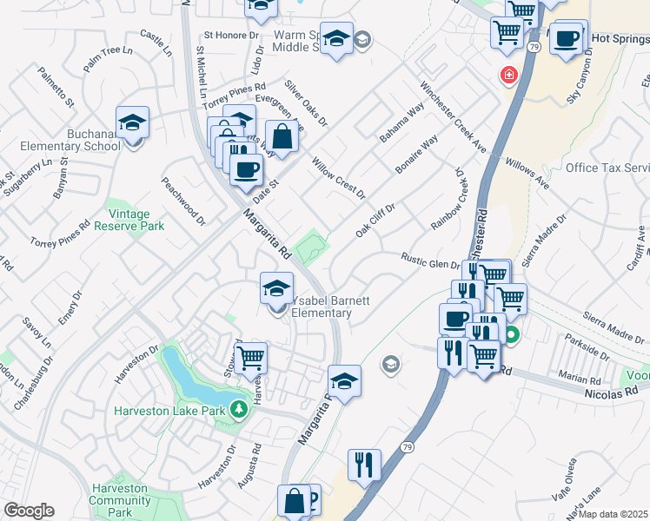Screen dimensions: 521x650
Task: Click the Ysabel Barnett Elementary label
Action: point(330,307)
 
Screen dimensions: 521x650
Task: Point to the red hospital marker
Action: point(507,76)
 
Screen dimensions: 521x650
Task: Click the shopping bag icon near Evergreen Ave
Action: point(282,135)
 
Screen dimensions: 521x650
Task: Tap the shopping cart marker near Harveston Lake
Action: point(250,357)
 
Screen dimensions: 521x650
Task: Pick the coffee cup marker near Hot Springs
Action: point(567,39)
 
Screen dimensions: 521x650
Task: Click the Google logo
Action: point(29,511)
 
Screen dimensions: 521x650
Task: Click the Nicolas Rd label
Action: point(619,392)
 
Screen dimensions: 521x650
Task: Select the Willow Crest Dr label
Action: point(340,178)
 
